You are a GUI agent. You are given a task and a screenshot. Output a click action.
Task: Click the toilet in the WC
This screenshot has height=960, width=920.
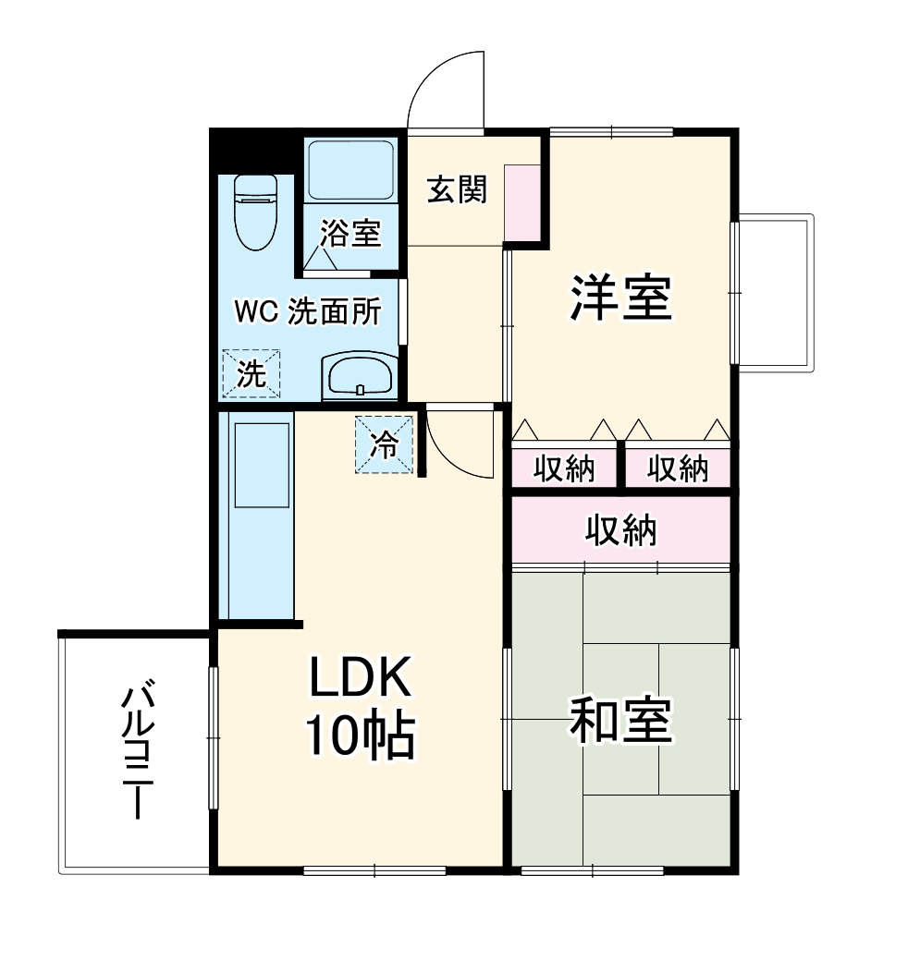(255, 212)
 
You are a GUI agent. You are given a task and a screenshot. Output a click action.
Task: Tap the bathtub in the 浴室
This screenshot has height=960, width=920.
(350, 171)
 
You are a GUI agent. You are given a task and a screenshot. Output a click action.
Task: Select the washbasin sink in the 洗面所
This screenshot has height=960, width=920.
(360, 376)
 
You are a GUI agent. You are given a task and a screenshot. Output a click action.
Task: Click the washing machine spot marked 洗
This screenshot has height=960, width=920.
(250, 373)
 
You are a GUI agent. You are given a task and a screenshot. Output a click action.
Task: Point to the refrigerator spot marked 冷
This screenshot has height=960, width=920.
(385, 445)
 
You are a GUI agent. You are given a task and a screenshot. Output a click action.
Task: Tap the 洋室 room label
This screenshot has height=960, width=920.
(619, 298)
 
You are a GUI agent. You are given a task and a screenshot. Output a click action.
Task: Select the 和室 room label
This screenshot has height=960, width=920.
(619, 721)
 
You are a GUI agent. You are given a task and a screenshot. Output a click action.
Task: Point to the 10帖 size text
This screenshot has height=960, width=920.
(359, 736)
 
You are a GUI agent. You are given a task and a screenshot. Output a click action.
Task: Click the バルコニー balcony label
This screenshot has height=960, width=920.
(136, 750)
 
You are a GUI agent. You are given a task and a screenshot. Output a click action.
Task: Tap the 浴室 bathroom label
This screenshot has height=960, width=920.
(350, 234)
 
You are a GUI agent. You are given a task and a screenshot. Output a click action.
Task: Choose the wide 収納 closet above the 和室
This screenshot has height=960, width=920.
(620, 530)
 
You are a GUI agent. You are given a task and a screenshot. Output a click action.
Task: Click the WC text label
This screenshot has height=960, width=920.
(255, 312)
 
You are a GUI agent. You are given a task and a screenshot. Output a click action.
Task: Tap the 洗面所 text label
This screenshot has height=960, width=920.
(334, 312)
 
